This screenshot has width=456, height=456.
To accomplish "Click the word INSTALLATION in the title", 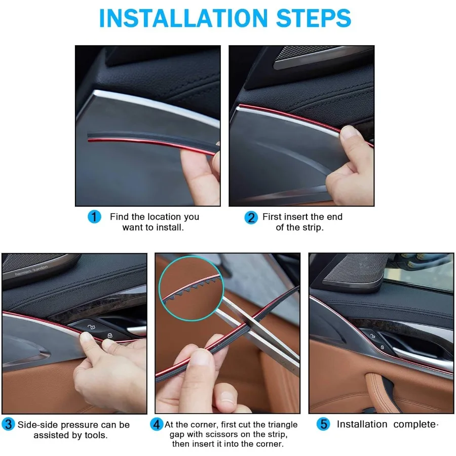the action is [x=183, y=18].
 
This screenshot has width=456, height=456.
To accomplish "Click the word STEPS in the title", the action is [x=314, y=18].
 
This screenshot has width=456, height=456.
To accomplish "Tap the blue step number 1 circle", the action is [x=94, y=217].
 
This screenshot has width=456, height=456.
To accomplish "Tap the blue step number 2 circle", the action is [x=251, y=217].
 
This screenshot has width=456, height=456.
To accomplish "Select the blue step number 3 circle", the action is [x=8, y=424].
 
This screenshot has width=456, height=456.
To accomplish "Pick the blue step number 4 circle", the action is [x=157, y=424].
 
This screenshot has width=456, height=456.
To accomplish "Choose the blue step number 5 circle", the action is [x=323, y=424].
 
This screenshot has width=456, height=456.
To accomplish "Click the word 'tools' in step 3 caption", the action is [x=96, y=435].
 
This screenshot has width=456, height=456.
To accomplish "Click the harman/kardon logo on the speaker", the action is [x=31, y=270].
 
